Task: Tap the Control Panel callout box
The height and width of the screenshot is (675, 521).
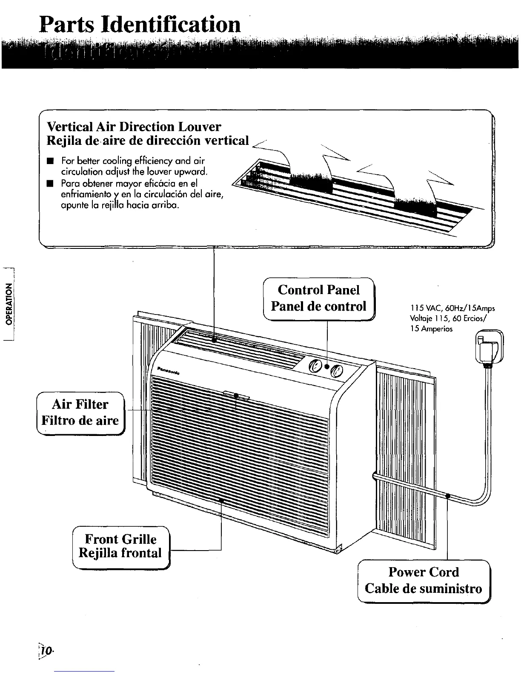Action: pos(319,298)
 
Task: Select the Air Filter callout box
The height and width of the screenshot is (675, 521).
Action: pos(80,412)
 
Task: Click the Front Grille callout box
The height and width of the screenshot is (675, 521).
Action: pos(121,547)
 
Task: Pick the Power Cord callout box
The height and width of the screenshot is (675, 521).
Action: pos(424,580)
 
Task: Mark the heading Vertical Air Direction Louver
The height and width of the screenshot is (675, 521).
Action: pos(134,127)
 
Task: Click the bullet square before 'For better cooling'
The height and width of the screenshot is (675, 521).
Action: pos(50,162)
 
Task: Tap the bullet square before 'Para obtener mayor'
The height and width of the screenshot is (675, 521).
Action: pos(50,184)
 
